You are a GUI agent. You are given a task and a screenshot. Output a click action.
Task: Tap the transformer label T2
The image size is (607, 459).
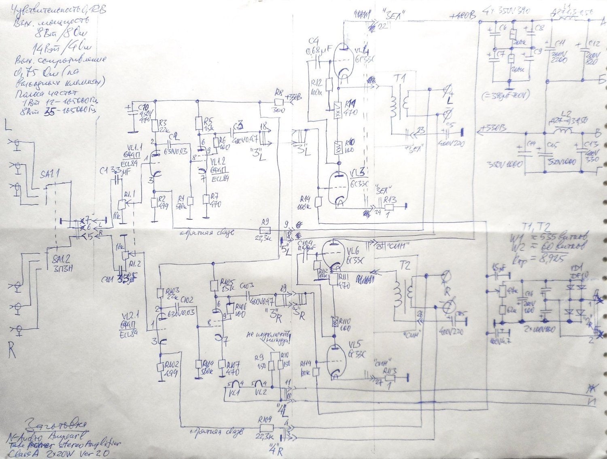(405, 265)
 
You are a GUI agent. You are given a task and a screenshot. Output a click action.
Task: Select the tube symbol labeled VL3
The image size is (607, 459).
(338, 188)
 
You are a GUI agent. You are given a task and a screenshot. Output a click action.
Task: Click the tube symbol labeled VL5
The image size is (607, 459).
(336, 360)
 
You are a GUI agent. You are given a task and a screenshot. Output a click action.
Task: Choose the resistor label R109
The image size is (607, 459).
(265, 420)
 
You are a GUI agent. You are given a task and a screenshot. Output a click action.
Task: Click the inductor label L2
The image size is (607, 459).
(566, 114)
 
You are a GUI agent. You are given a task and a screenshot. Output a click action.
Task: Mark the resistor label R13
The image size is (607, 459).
(390, 199)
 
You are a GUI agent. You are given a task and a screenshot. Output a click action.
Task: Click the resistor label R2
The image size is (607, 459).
(162, 198)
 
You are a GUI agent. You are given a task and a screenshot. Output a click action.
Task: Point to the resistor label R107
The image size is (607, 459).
(233, 364)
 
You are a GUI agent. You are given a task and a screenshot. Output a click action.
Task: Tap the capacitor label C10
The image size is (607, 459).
(143, 107)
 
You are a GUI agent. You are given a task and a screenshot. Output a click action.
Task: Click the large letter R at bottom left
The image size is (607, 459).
(12, 350)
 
